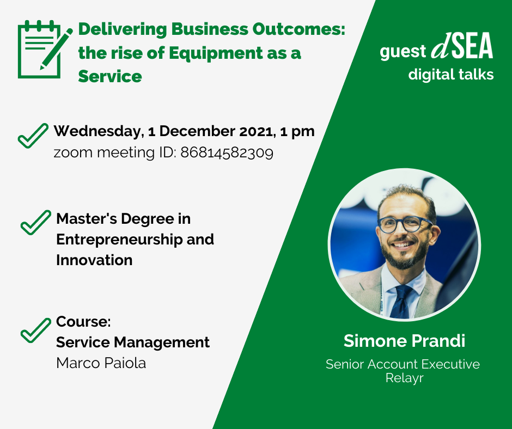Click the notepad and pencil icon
45,49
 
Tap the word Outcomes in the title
298,29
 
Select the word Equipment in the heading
216,53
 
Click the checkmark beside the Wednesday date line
33,136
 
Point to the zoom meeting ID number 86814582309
227,153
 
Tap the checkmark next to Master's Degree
35,222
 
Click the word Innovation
94,260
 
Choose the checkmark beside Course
35,330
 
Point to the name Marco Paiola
101,363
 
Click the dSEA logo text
462,46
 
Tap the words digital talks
450,75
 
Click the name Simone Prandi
404,341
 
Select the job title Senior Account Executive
403,364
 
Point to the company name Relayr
404,378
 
